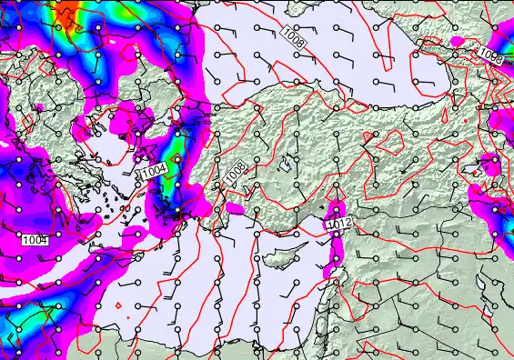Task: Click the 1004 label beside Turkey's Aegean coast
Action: [154, 170]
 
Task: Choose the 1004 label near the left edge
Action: [34, 239]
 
